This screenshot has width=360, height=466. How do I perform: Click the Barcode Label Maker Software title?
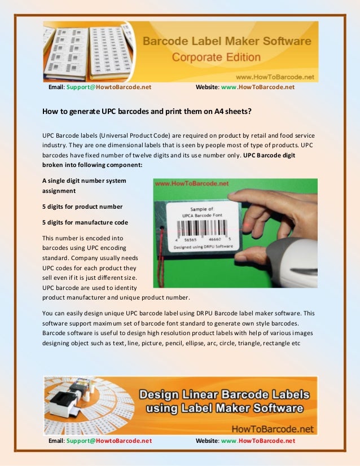[x=226, y=41]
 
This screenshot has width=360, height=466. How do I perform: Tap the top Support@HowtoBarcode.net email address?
[x=108, y=87]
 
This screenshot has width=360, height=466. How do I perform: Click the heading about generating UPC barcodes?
[x=147, y=111]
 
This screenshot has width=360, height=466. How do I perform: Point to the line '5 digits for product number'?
[x=82, y=206]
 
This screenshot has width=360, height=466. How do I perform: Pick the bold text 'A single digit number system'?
[x=84, y=181]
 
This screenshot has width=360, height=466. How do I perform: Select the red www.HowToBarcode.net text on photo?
[x=191, y=184]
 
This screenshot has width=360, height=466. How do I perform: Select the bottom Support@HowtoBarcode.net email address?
[x=108, y=441]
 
